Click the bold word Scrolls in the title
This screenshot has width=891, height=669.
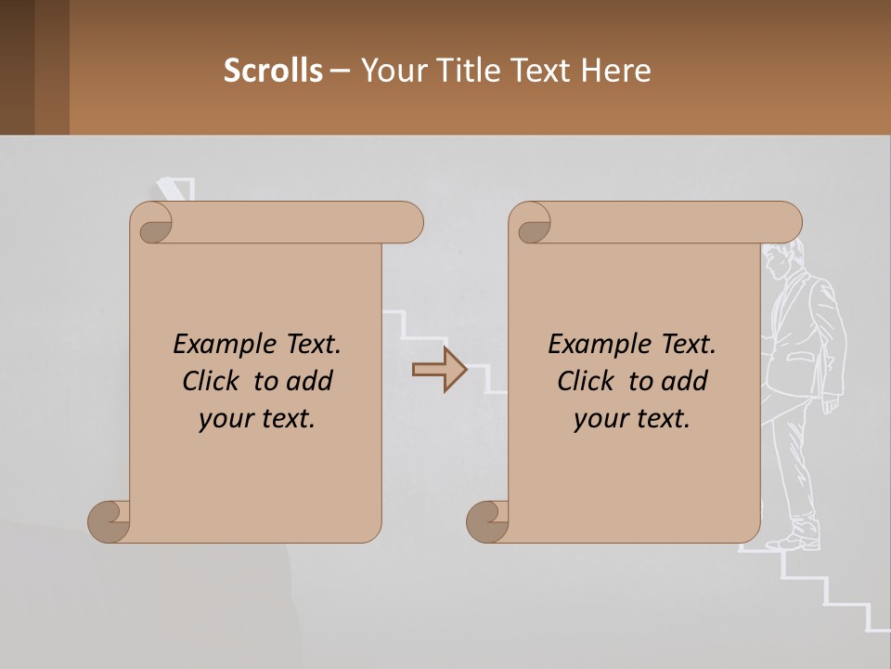[x=273, y=70]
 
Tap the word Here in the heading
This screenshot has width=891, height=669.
[x=616, y=70]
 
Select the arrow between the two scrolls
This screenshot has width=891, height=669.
[x=439, y=370]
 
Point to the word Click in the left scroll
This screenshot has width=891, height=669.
[x=213, y=381]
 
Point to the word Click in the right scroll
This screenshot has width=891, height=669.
[x=588, y=381]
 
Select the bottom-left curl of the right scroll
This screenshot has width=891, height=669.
[x=487, y=521]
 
